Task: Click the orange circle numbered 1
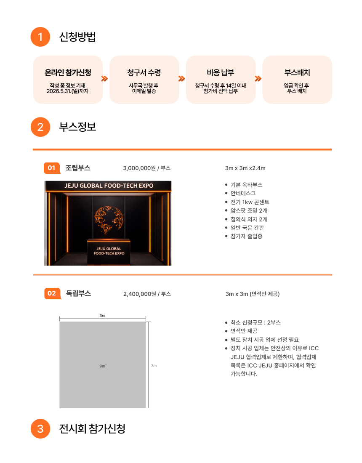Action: pos(40,37)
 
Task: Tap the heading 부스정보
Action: pos(77,127)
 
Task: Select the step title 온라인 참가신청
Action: pos(68,72)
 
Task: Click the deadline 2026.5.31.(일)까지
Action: pos(68,91)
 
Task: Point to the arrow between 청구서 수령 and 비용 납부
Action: pos(182,79)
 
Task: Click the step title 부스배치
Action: pos(297,72)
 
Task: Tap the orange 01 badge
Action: pos(51,168)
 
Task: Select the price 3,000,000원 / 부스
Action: pos(146,168)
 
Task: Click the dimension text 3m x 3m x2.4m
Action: pos(245,168)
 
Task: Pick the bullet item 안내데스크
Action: pos(243,193)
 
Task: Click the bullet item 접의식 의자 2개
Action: pos(249,219)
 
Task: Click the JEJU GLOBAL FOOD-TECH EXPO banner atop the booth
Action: pos(109,186)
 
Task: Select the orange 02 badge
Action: pos(52,293)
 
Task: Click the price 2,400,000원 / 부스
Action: pos(147,294)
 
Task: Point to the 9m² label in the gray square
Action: pos(103,366)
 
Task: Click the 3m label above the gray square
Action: pos(102,316)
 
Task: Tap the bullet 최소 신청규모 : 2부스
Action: pos(256,322)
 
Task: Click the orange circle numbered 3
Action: pos(40,429)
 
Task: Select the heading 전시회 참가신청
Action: pos(92,429)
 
